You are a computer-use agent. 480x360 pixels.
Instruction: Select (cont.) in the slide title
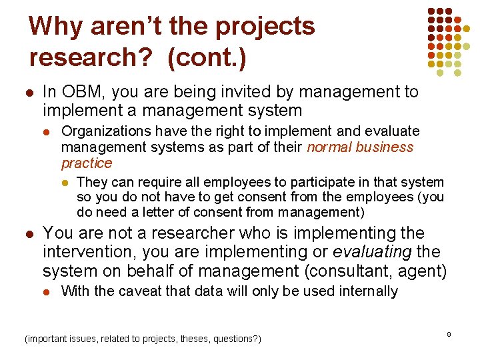(207, 57)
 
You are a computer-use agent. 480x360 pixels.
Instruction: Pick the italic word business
(385, 147)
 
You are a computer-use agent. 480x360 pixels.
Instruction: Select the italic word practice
(87, 163)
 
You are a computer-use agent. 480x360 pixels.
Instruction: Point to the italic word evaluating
(368, 252)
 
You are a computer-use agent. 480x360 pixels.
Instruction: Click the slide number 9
(449, 333)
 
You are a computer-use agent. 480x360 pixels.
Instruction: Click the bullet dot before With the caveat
(49, 292)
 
